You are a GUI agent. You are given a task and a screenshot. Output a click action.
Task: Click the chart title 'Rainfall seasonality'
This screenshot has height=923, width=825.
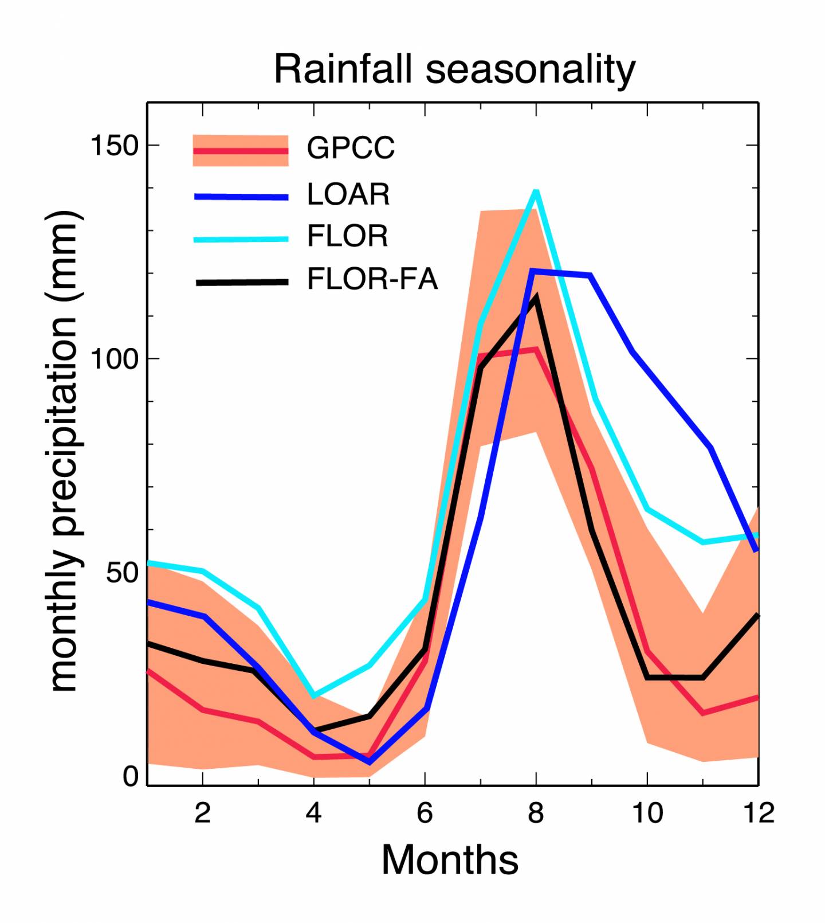pos(454,69)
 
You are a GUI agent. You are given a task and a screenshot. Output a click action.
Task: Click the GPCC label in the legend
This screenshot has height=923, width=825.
pos(351,148)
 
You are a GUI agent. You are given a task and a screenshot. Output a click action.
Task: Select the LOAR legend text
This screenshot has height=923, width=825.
pos(348,194)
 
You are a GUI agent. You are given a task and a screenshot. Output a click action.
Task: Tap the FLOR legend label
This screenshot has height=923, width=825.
pos(347,236)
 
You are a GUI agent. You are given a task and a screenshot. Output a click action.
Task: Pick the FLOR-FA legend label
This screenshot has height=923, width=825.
pos(372,280)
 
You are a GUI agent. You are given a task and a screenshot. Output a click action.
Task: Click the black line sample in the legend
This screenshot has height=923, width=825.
pos(241,282)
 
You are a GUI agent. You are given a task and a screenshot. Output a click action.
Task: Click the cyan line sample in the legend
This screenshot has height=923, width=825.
pos(241,239)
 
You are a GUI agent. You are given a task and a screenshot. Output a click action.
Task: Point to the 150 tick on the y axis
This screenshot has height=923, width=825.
pos(115,146)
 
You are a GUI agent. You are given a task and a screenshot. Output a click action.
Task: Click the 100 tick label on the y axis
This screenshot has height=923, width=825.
pos(115,359)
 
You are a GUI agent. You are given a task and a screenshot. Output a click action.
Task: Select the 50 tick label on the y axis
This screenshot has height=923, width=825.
pos(123,573)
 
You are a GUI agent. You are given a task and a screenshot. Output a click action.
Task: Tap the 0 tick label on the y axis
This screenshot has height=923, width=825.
pos(131,777)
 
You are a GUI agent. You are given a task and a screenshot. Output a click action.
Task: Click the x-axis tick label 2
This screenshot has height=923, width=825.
pos(202,813)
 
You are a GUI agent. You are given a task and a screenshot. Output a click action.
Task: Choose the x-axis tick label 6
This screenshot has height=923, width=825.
pos(425,813)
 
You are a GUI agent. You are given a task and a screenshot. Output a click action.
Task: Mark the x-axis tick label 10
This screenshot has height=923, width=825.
pos(647,813)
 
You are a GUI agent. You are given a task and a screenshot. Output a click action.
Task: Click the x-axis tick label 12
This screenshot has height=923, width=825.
pos(759,813)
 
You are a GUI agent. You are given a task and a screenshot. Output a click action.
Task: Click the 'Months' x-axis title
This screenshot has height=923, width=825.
pos(450,860)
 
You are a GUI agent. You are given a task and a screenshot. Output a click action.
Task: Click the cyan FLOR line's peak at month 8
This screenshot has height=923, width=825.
pos(536,191)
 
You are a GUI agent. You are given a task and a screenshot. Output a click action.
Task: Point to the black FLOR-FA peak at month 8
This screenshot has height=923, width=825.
pos(536,297)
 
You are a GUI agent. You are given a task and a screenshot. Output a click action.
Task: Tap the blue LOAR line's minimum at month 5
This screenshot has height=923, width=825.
pos(369,762)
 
